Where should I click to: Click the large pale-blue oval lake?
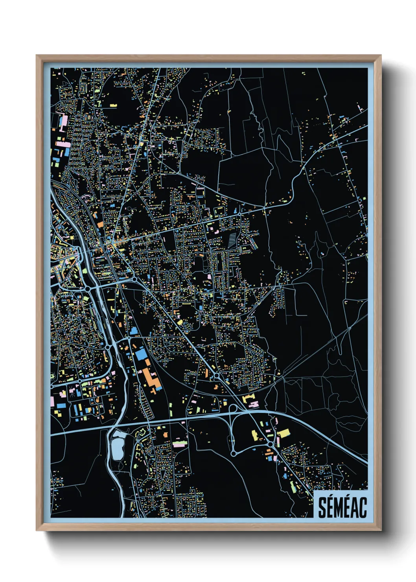click(117, 449)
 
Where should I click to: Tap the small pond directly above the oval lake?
click(118, 433)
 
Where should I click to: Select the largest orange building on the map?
click(151, 378)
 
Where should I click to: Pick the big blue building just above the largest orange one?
click(141, 354)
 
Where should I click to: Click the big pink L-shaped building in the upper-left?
click(63, 120)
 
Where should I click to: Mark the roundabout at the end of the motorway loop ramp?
click(233, 453)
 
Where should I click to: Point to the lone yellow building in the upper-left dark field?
click(113, 105)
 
